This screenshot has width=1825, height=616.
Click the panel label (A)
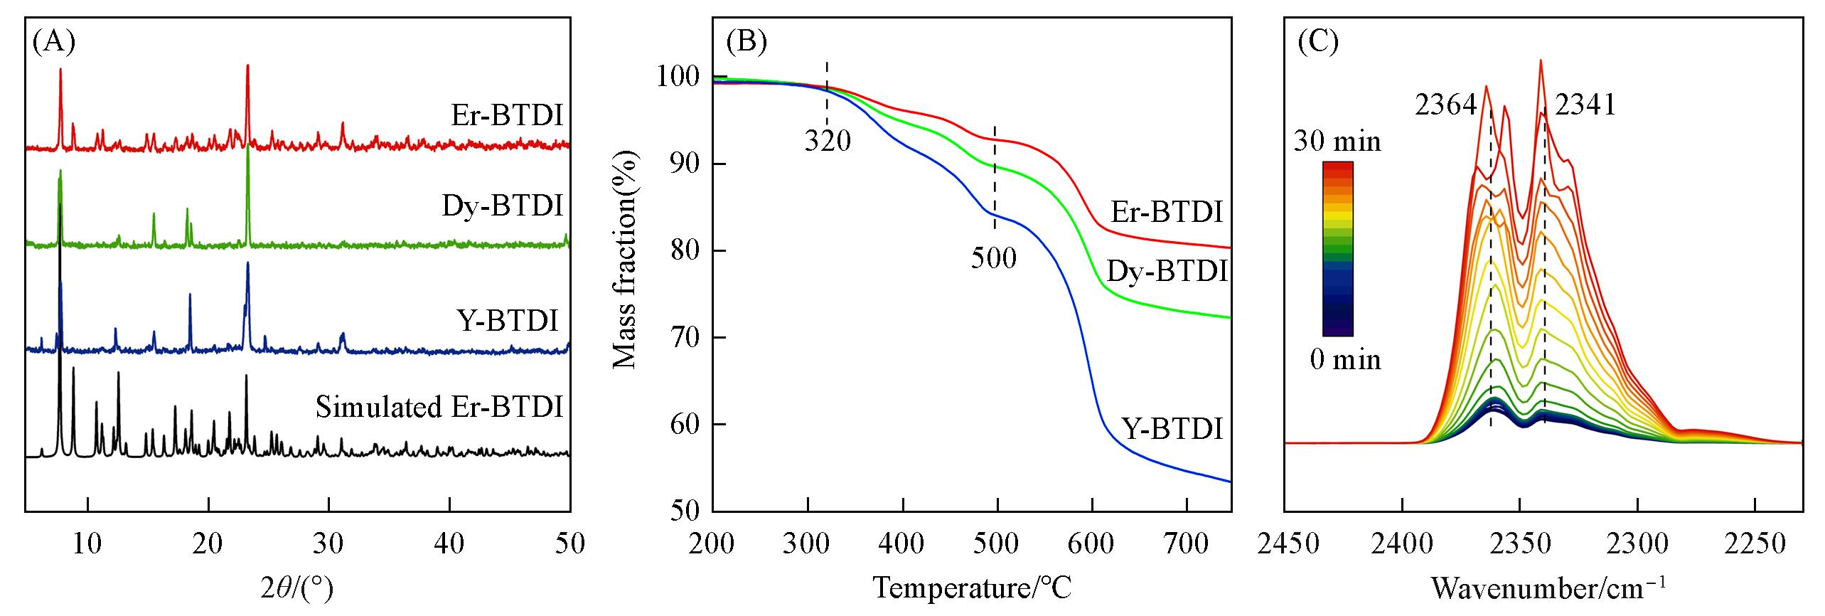[54, 43]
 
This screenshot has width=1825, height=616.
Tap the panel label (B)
[746, 43]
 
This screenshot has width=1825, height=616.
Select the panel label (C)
[1318, 43]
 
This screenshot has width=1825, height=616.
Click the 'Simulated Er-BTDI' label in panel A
[439, 408]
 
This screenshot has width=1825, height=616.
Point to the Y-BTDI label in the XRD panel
[505, 320]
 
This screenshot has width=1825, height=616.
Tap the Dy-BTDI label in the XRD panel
[503, 206]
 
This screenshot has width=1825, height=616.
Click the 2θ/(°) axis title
[296, 588]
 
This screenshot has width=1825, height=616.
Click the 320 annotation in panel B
[828, 142]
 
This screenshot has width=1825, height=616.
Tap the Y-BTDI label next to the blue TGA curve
[1172, 429]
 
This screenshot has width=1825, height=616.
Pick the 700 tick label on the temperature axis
[1186, 544]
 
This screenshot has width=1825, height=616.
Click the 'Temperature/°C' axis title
[971, 588]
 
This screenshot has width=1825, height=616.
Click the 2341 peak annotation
[1585, 106]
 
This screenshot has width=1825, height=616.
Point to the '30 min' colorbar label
[1337, 142]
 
